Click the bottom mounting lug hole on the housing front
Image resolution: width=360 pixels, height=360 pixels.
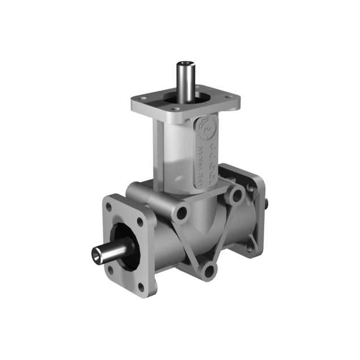pos(211,270)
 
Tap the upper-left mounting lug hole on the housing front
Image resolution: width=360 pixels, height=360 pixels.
pos(181,213)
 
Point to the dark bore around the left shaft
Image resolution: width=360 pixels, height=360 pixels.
pos(122,238)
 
